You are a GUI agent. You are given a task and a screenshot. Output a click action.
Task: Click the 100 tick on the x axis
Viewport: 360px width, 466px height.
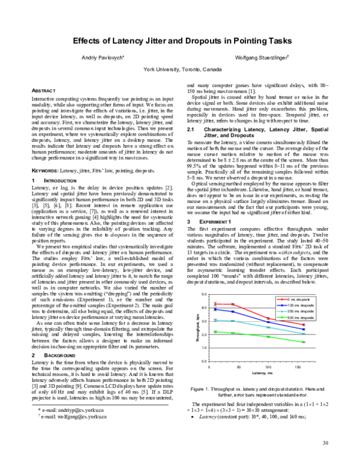[x=268, y=366]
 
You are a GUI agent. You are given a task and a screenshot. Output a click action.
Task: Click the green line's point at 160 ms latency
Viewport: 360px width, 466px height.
[x=304, y=342]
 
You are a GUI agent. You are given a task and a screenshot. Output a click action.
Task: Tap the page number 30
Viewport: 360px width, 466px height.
[x=325, y=443]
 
